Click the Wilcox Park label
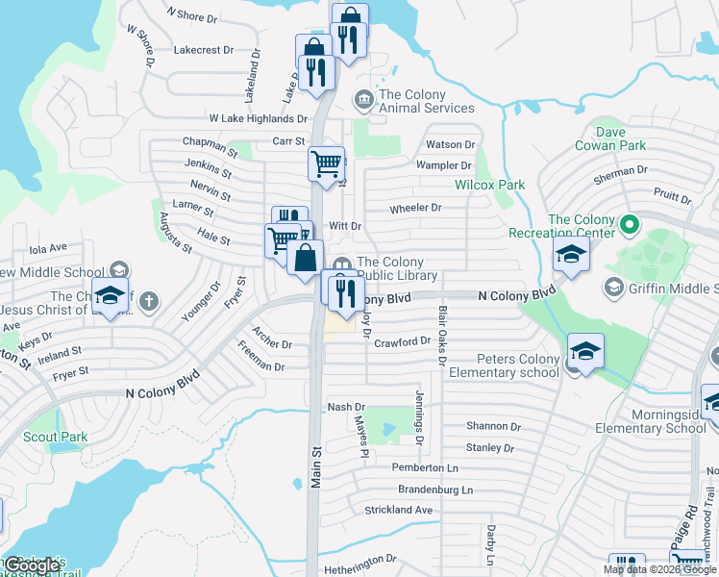pyautogui.click(x=489, y=184)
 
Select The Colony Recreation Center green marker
pyautogui.click(x=630, y=227)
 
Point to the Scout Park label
pyautogui.click(x=57, y=437)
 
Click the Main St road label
pyautogui.click(x=315, y=465)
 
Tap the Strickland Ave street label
pyautogui.click(x=398, y=510)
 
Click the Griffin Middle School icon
pyautogui.click(x=613, y=288)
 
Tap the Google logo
pyautogui.click(x=32, y=564)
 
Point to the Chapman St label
pyautogui.click(x=210, y=145)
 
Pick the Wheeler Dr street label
pyautogui.click(x=415, y=208)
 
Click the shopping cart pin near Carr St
pyautogui.click(x=326, y=163)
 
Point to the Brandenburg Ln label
pyautogui.click(x=433, y=489)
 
